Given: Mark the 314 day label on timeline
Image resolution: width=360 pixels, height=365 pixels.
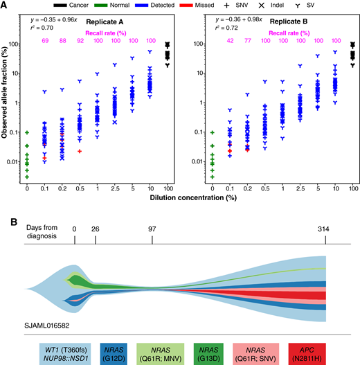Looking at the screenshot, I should point(327,244).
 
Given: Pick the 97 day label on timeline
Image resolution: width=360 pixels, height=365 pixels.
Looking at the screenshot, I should point(152,244).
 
